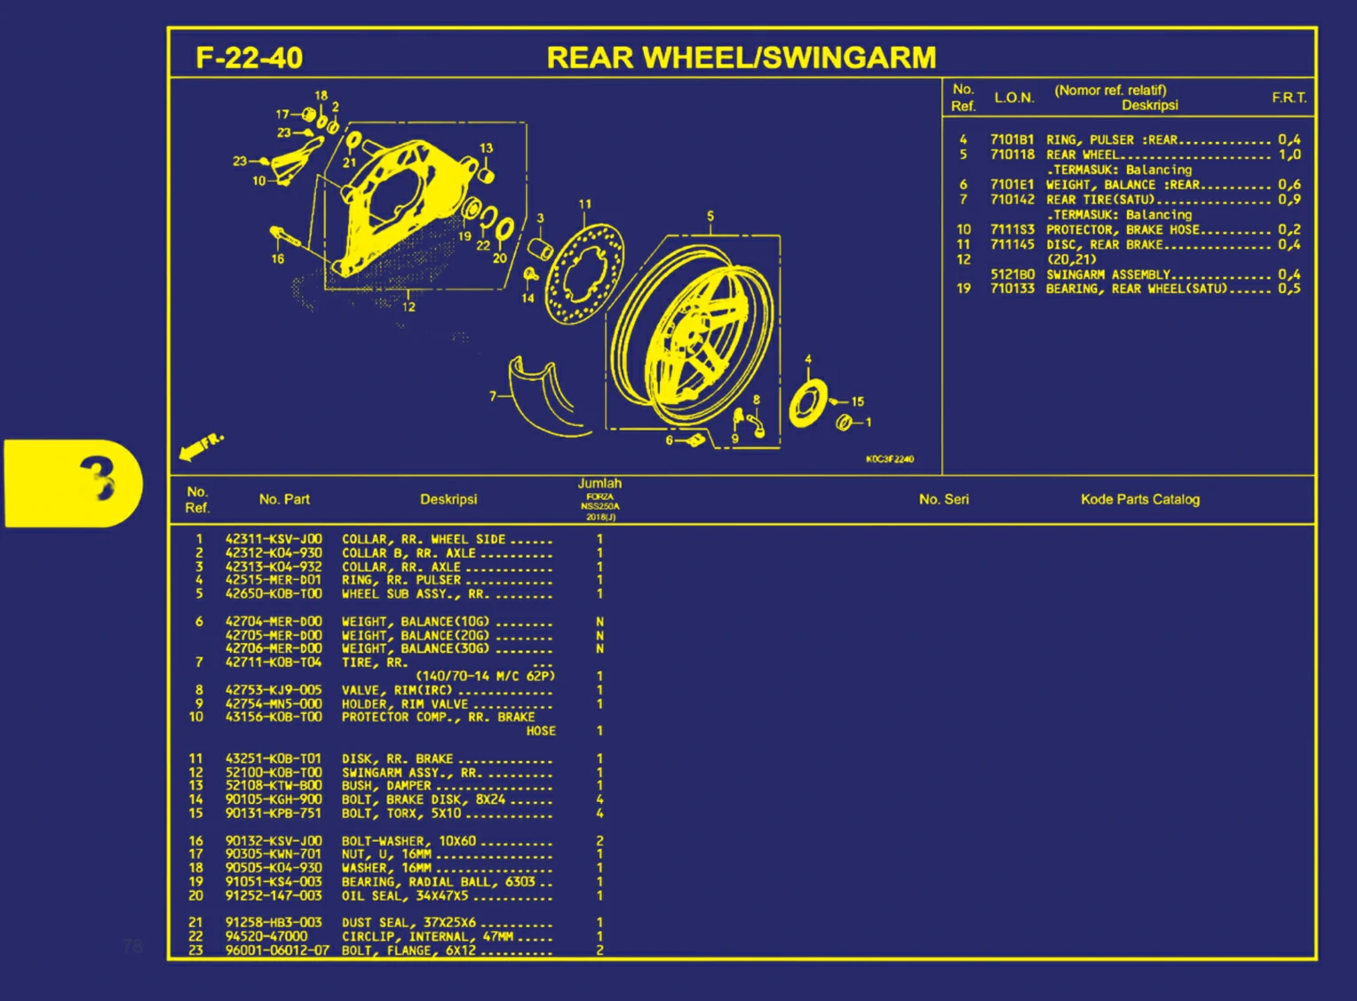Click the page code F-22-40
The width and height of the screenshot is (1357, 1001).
click(249, 58)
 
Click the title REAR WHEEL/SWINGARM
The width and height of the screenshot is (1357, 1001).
click(741, 58)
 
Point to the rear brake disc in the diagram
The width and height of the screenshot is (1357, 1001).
click(584, 274)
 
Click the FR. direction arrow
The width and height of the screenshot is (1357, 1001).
click(201, 447)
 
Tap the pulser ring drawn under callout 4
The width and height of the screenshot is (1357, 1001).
click(807, 403)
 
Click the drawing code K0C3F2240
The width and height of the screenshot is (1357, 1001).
click(889, 459)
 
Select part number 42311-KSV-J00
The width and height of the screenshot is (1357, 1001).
click(274, 539)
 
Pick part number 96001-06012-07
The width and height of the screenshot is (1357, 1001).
click(276, 950)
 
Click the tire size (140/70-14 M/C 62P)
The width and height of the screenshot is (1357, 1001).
click(485, 676)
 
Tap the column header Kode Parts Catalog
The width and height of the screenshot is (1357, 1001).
click(1139, 499)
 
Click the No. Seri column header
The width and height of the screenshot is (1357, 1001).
click(943, 499)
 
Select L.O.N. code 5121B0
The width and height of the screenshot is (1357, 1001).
click(1012, 274)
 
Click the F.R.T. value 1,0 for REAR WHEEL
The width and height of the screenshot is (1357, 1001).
click(1289, 155)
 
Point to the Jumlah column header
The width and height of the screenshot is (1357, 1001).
click(599, 484)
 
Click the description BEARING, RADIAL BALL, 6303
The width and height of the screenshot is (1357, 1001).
click(438, 882)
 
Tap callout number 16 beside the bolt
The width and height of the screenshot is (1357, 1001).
click(278, 258)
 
